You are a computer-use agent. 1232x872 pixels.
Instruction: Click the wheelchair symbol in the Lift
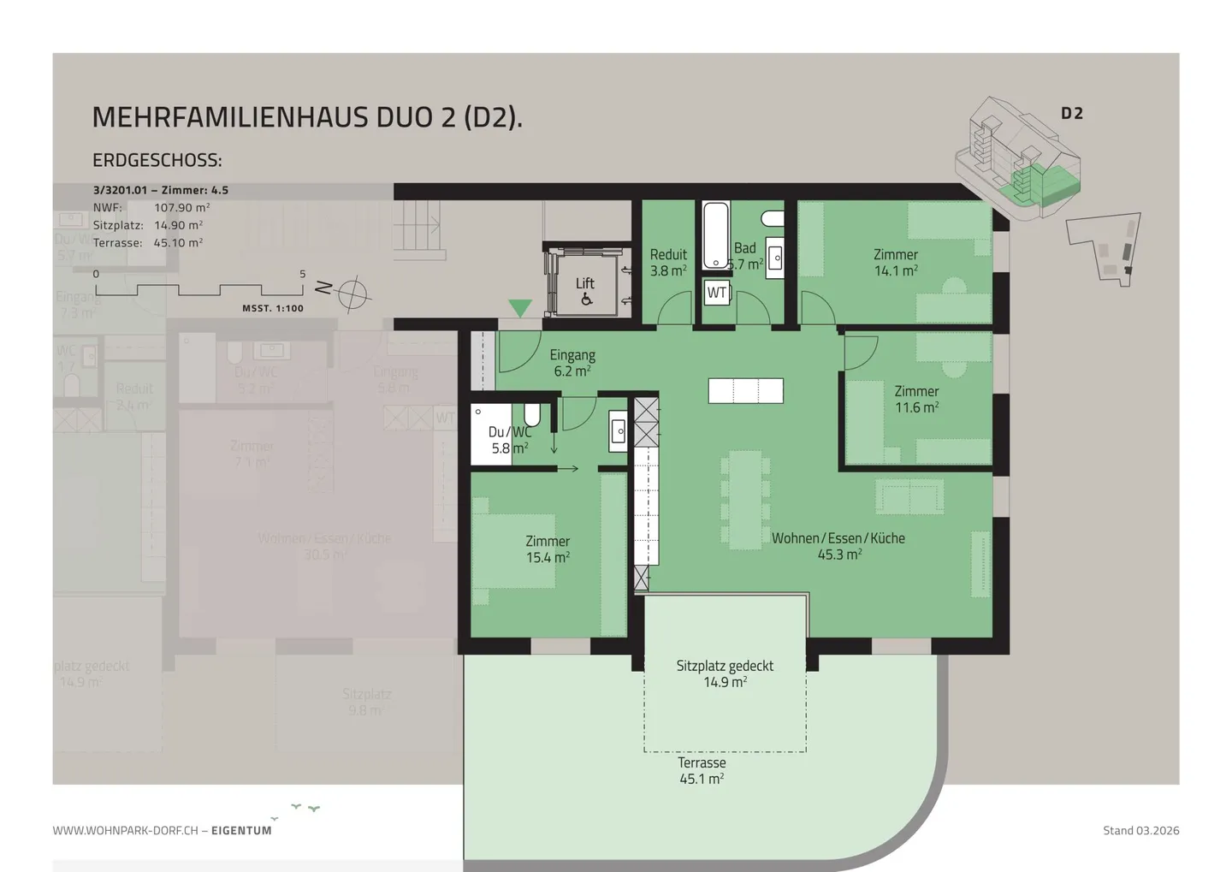(586, 300)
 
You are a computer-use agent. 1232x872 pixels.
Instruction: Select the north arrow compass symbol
(352, 294)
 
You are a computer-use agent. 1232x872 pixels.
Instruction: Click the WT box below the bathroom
(717, 293)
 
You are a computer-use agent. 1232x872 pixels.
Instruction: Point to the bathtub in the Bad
(715, 235)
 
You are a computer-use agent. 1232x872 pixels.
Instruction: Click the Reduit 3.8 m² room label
(668, 263)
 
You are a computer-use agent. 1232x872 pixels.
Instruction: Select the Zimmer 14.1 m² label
(896, 263)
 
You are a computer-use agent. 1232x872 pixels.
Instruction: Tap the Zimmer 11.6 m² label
(916, 400)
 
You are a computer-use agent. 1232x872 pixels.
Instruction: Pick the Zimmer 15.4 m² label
(548, 549)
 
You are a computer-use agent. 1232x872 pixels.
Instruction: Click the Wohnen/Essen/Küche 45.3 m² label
(838, 546)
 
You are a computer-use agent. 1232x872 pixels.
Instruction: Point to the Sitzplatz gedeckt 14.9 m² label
(725, 673)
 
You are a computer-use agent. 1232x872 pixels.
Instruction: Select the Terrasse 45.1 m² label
(702, 770)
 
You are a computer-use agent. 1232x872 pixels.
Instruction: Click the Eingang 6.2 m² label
(572, 363)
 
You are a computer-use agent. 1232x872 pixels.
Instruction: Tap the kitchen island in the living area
(745, 391)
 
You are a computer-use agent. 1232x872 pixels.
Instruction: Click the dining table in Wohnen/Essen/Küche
(745, 501)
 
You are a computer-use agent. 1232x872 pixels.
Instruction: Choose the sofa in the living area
(909, 496)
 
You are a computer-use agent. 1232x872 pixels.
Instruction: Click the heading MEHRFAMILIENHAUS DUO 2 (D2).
(307, 117)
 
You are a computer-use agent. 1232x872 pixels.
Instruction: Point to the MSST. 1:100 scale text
(273, 309)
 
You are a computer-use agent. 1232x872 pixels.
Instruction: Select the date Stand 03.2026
(1140, 830)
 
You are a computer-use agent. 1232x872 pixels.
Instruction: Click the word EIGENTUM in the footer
(241, 830)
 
